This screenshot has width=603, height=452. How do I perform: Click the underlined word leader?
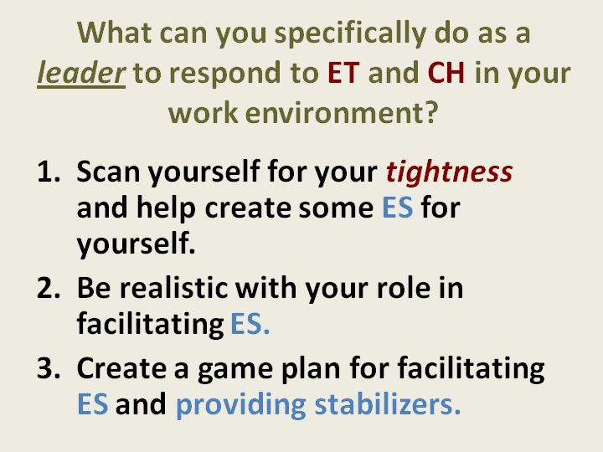click(x=81, y=73)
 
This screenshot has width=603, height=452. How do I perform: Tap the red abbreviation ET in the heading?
click(x=343, y=72)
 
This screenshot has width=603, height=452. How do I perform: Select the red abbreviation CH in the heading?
click(x=446, y=72)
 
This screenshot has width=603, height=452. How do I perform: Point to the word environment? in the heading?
click(x=342, y=113)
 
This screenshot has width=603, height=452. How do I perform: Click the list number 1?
click(x=49, y=171)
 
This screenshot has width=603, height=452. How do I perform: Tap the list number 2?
click(x=49, y=287)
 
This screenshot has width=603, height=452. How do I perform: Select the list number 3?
click(x=49, y=367)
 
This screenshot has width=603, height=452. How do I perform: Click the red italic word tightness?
click(x=449, y=172)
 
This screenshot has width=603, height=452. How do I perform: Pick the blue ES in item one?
click(x=398, y=208)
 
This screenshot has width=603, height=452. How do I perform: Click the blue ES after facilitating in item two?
click(x=250, y=324)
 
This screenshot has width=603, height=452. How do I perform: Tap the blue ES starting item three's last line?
click(x=93, y=404)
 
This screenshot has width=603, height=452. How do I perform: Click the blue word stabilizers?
click(x=388, y=404)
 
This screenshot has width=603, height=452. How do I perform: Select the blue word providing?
click(x=241, y=406)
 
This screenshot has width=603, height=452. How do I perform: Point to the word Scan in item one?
click(x=108, y=172)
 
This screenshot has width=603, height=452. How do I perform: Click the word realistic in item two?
click(x=174, y=287)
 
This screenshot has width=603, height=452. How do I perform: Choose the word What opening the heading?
click(x=114, y=33)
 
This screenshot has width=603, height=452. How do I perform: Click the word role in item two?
click(x=404, y=287)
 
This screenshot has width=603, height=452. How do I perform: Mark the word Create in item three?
click(x=121, y=367)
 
